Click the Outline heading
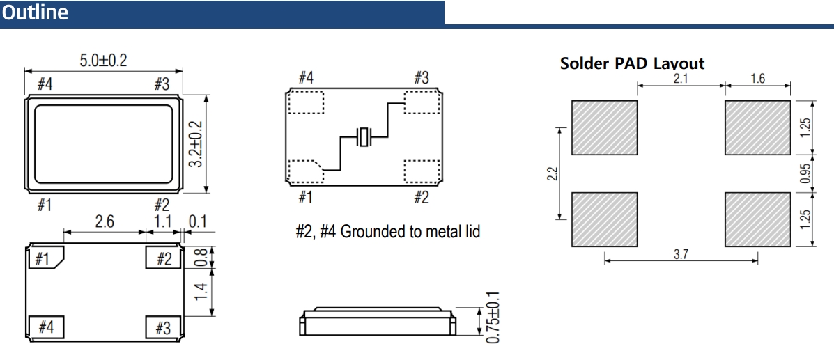35,13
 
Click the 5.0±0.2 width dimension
103,60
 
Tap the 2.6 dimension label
105,222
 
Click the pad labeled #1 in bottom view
46,258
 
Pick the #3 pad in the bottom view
162,327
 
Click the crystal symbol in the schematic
364,137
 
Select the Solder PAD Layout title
632,63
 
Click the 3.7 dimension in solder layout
681,254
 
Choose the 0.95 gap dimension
806,173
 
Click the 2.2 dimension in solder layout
550,173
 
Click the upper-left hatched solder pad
604,128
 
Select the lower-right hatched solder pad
757,219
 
